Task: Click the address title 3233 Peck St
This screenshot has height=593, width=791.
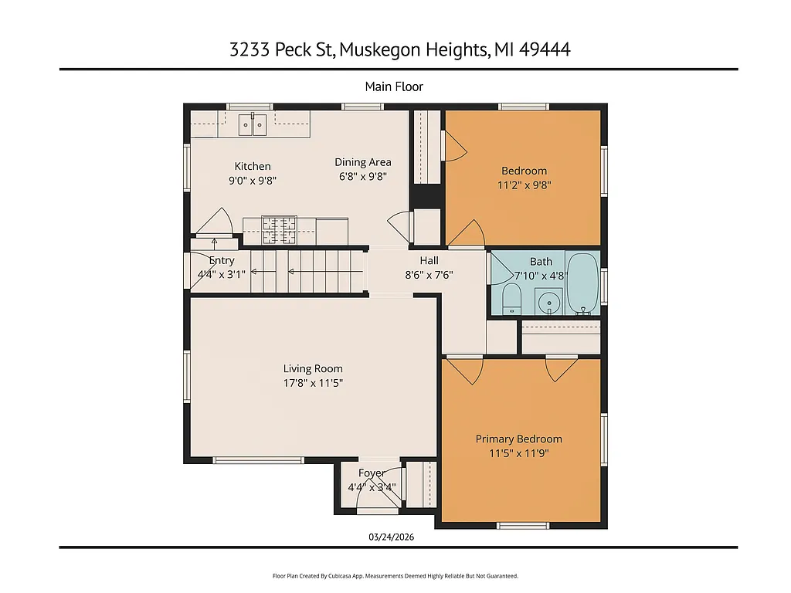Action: (400, 50)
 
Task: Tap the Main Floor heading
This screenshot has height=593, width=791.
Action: (394, 86)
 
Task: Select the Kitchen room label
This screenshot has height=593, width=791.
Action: (253, 166)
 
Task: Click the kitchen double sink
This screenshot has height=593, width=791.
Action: (253, 122)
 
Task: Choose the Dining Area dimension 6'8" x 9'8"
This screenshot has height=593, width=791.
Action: (362, 176)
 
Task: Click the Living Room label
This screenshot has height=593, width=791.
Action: (313, 368)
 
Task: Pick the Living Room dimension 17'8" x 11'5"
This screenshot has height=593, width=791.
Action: (313, 382)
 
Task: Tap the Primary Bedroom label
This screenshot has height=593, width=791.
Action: (518, 439)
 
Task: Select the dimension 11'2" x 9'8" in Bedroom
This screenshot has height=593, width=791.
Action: (524, 185)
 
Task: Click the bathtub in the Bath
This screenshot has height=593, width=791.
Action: (582, 283)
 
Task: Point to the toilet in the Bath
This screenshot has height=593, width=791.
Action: (511, 298)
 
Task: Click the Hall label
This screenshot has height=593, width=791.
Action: (429, 260)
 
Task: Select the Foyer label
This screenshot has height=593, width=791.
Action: (372, 473)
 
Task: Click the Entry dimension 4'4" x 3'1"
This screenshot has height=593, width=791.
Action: (222, 274)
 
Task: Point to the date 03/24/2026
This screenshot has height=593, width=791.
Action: (395, 537)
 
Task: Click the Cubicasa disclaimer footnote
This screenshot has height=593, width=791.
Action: (395, 576)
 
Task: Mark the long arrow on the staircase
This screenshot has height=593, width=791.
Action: (317, 272)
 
